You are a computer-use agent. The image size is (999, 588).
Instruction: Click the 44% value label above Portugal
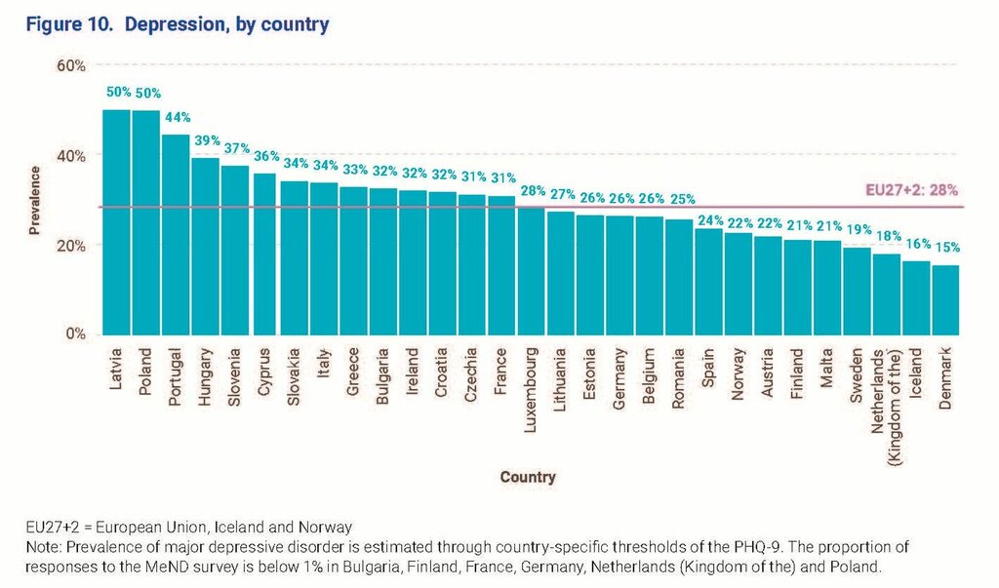point(177,119)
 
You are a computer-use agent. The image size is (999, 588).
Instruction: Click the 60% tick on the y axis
point(72,66)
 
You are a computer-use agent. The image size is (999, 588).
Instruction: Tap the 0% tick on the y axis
point(76,334)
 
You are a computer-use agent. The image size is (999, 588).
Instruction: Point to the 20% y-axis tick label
point(72,246)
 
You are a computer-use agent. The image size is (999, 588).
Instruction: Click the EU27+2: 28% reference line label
point(913,191)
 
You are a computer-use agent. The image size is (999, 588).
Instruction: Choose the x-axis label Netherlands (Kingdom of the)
point(886,390)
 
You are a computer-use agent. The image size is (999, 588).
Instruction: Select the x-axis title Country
point(528,477)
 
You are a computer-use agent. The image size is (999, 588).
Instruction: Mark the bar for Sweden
point(857,291)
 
